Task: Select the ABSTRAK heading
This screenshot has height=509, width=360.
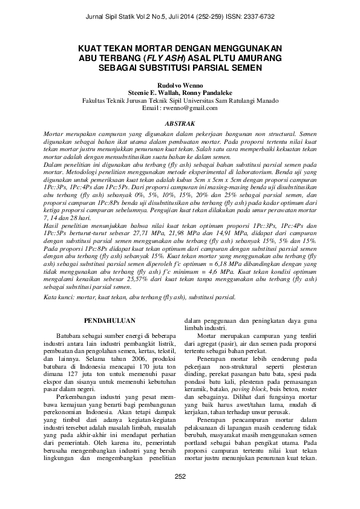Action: click(x=180, y=123)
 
